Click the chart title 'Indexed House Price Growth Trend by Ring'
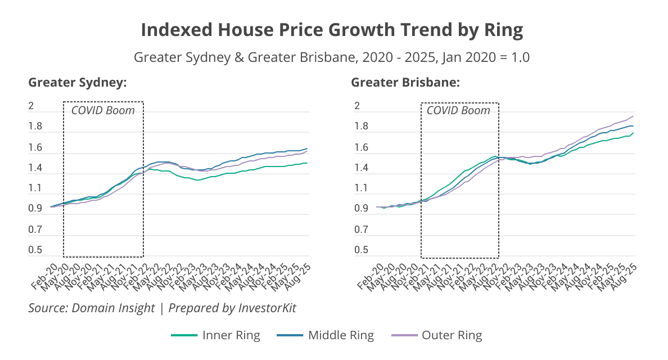click(332, 30)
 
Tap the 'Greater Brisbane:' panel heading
click(405, 83)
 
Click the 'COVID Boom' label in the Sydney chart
click(103, 110)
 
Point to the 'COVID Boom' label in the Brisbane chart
click(458, 110)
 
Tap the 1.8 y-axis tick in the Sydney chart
click(35, 127)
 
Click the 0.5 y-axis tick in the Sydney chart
click(35, 250)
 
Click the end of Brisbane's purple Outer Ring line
click(633, 116)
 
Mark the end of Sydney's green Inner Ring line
click(307, 163)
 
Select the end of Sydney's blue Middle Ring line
click(307, 148)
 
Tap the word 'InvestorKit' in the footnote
click(267, 308)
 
